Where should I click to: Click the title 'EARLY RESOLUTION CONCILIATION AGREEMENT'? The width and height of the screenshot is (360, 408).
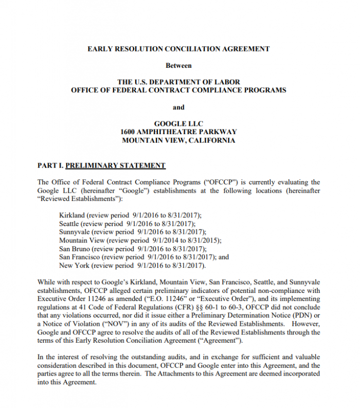(x=178, y=49)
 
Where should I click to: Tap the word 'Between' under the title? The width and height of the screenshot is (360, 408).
(x=178, y=66)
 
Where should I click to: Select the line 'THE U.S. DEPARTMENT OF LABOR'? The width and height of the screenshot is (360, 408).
(x=178, y=82)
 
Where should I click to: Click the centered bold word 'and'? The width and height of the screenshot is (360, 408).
(x=178, y=107)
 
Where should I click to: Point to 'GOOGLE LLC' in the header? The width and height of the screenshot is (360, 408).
(x=178, y=124)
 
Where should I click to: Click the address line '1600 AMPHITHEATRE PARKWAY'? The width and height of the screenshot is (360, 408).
(x=178, y=132)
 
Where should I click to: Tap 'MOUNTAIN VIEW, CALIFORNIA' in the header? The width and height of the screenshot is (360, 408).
(x=178, y=140)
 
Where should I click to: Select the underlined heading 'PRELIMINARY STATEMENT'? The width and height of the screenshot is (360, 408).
(x=116, y=165)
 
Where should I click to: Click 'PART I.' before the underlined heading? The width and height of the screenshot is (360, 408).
(x=50, y=165)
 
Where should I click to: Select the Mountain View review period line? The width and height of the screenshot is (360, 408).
(x=140, y=240)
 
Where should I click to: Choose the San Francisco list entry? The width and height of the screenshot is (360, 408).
(x=144, y=257)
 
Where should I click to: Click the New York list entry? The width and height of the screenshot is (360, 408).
(x=132, y=266)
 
